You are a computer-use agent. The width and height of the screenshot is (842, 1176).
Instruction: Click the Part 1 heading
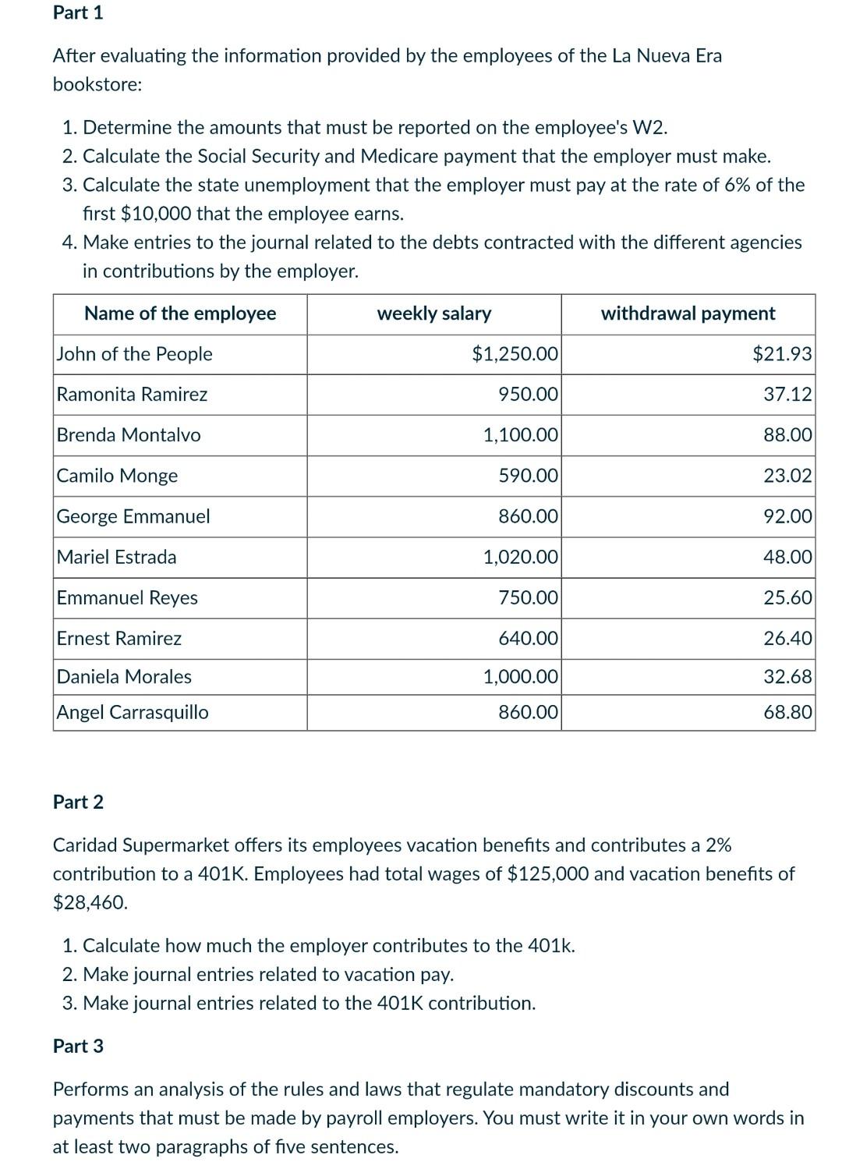[78, 13]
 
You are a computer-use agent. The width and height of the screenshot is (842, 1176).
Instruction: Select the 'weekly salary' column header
[433, 313]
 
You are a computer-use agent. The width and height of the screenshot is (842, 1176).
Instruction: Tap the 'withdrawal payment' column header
[688, 313]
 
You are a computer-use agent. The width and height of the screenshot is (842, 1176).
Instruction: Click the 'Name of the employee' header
[180, 313]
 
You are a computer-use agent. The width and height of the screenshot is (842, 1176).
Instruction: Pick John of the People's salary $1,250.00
[515, 354]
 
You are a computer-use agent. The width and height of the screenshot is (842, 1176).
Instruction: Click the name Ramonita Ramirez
[132, 395]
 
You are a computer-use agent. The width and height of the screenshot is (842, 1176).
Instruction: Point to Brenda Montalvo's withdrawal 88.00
[787, 435]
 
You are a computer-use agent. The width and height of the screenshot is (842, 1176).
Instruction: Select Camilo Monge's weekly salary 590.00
[528, 476]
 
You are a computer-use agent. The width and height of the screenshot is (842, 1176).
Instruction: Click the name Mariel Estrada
[116, 557]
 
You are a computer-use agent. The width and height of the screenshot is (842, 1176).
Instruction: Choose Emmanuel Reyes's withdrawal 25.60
[787, 598]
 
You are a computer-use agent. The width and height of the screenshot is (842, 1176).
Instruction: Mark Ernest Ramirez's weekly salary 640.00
[528, 639]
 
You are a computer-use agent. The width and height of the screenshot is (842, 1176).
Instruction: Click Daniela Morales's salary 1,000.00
[520, 677]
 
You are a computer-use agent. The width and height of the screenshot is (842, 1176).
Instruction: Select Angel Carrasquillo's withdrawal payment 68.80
[787, 712]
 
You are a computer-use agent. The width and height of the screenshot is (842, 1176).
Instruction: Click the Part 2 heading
[78, 802]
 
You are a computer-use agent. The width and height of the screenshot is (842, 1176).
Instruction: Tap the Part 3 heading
[78, 1047]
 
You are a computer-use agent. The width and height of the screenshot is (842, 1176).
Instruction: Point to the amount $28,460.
[90, 903]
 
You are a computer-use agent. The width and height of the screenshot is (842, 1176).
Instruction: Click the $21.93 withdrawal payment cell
[782, 354]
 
